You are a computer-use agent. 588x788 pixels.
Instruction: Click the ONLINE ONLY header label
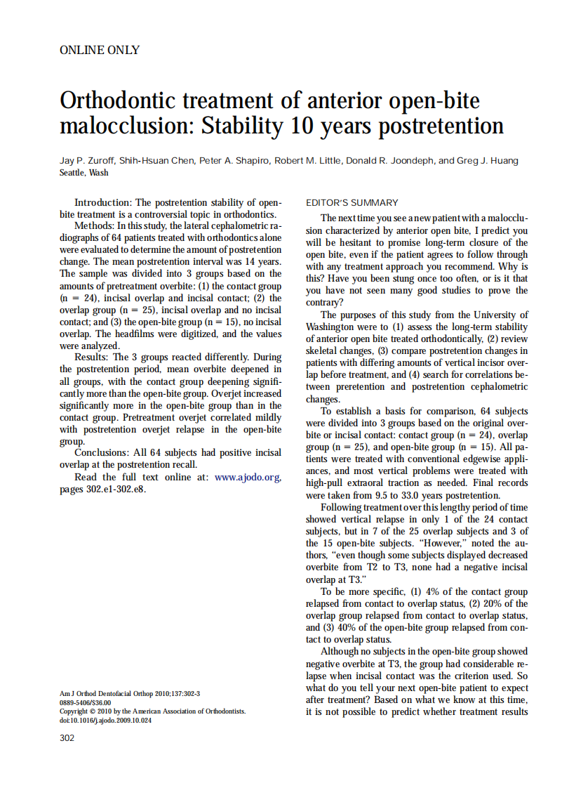point(100,50)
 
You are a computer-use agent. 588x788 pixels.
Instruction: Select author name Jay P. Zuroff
point(87,161)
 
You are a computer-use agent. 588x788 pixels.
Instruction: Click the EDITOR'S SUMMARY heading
point(352,203)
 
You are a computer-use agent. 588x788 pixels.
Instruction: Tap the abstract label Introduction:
point(105,202)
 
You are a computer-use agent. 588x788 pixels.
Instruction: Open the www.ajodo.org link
point(248,478)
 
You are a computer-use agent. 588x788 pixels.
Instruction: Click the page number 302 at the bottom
point(67,737)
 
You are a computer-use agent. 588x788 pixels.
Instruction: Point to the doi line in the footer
point(105,720)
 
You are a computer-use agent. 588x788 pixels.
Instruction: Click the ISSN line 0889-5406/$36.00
point(86,702)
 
